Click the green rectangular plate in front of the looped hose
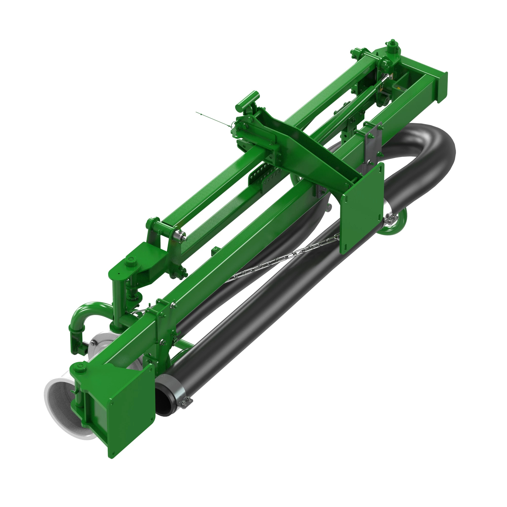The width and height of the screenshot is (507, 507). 362,207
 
